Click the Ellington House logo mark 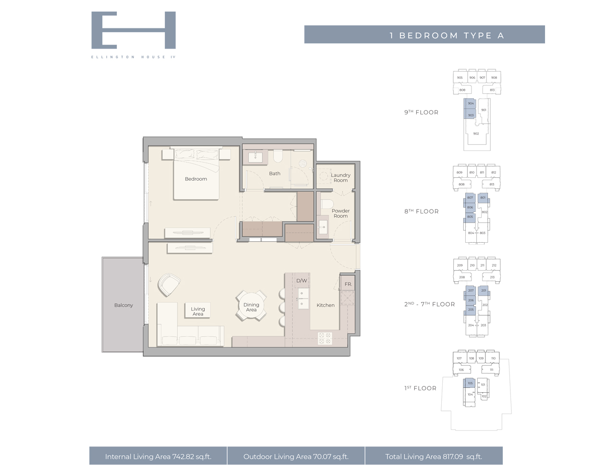click(133, 30)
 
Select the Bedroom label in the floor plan click(196, 179)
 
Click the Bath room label click(274, 174)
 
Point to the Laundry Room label click(340, 178)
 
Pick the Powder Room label click(340, 213)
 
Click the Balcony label click(124, 305)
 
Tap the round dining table click(251, 306)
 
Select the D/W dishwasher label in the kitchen click(301, 281)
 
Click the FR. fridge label click(348, 284)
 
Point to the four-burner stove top click(325, 338)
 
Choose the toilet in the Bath click(278, 156)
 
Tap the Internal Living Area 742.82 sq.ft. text click(158, 457)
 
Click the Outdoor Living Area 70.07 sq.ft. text click(296, 457)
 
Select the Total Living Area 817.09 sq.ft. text click(434, 457)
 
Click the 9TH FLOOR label click(421, 112)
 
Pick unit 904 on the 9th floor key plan click(471, 103)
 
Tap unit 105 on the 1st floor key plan click(470, 383)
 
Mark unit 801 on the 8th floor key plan click(483, 198)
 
